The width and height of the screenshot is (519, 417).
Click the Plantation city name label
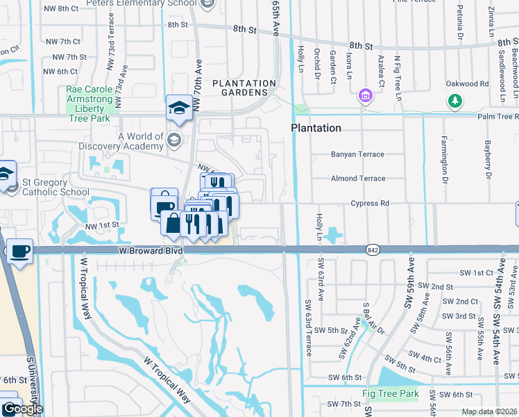tap(316, 128)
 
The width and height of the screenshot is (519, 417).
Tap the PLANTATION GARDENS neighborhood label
tap(240, 88)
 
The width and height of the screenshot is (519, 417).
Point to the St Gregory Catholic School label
tap(55, 187)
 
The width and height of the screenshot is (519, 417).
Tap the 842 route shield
tap(372, 250)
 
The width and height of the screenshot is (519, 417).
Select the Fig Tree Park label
tap(391, 394)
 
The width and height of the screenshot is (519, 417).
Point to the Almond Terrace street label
tap(358, 179)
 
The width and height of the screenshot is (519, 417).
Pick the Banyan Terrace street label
tap(357, 154)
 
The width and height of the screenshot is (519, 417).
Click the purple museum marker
tap(364, 95)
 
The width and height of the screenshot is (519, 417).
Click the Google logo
tap(22, 409)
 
